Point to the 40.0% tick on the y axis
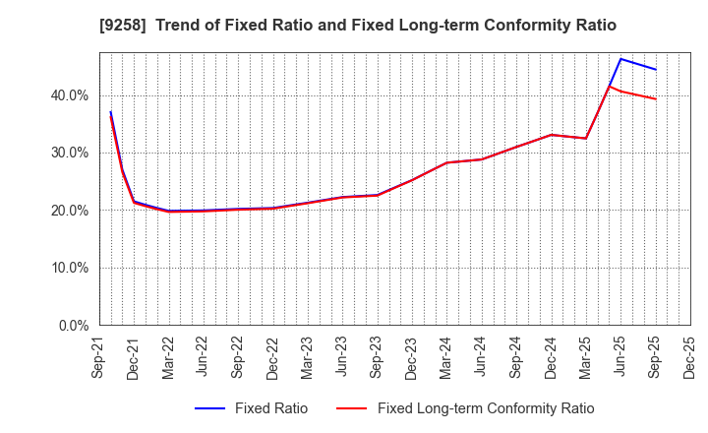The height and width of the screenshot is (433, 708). click(x=67, y=95)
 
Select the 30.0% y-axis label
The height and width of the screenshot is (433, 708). click(x=67, y=153)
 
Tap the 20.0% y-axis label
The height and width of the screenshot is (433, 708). click(x=67, y=211)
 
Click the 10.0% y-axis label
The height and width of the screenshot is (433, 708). click(x=67, y=268)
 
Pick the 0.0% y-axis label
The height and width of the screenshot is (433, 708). click(x=71, y=325)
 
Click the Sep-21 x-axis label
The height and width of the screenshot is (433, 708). click(x=98, y=356)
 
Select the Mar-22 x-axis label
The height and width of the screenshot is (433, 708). click(x=168, y=356)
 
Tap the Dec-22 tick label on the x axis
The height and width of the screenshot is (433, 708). click(x=272, y=356)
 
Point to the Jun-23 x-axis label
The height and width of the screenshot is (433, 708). click(x=342, y=356)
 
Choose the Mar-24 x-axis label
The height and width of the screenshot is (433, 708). click(x=445, y=356)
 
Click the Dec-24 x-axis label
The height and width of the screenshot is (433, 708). click(x=550, y=356)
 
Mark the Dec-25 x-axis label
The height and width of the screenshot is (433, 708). click(x=688, y=356)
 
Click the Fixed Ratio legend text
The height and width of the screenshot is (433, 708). click(x=270, y=408)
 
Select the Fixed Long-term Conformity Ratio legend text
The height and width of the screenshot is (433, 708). click(x=486, y=408)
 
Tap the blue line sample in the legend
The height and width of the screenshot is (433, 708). click(x=209, y=408)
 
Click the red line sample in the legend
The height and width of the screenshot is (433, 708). click(x=352, y=408)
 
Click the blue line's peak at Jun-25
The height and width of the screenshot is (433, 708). click(x=620, y=59)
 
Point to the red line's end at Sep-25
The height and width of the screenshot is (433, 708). click(x=655, y=98)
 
